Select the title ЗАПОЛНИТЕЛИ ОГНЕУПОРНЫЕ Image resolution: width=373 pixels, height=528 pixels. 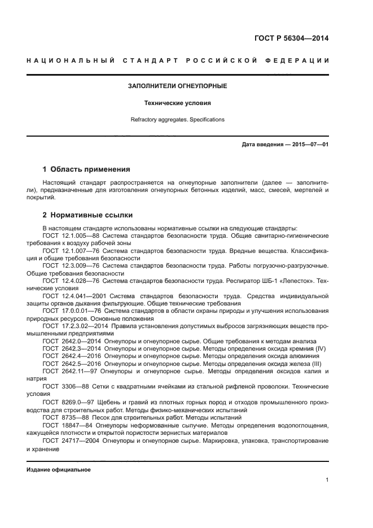click(x=178, y=86)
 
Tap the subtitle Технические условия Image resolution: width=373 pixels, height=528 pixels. click(x=178, y=103)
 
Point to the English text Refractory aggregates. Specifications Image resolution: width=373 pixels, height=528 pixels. click(x=178, y=120)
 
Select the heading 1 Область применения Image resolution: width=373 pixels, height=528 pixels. click(x=87, y=169)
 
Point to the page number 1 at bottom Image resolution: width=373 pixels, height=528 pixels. click(x=327, y=481)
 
